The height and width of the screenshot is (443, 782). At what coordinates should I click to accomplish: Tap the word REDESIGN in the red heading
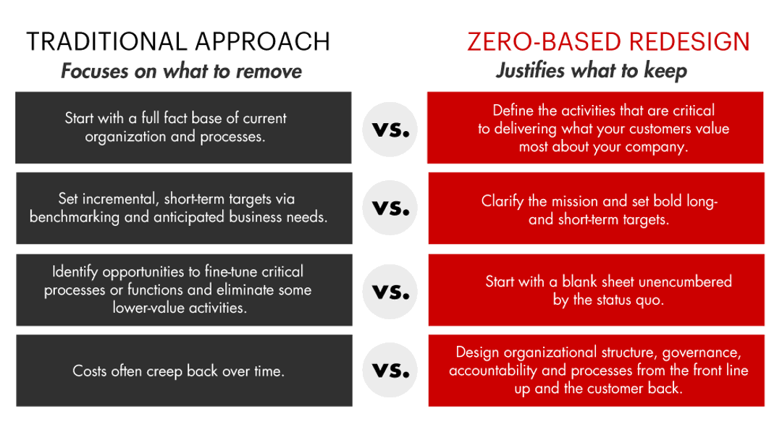tap(689, 42)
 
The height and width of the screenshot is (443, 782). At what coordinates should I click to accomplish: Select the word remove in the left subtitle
tap(269, 71)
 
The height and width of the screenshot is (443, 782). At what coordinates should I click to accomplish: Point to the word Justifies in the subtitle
tap(531, 70)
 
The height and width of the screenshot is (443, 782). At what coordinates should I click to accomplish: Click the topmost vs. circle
tap(390, 130)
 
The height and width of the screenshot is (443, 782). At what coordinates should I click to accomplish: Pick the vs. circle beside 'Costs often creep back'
tap(390, 370)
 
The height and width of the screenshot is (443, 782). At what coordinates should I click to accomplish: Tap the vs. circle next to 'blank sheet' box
tap(390, 292)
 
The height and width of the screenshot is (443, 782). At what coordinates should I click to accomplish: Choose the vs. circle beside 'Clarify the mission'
tap(390, 208)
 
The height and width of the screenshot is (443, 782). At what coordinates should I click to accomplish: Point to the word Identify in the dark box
tap(75, 272)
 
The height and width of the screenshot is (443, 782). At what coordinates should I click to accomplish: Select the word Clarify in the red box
tap(503, 201)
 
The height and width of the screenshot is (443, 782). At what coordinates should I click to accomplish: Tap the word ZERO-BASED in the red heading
tap(545, 42)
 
